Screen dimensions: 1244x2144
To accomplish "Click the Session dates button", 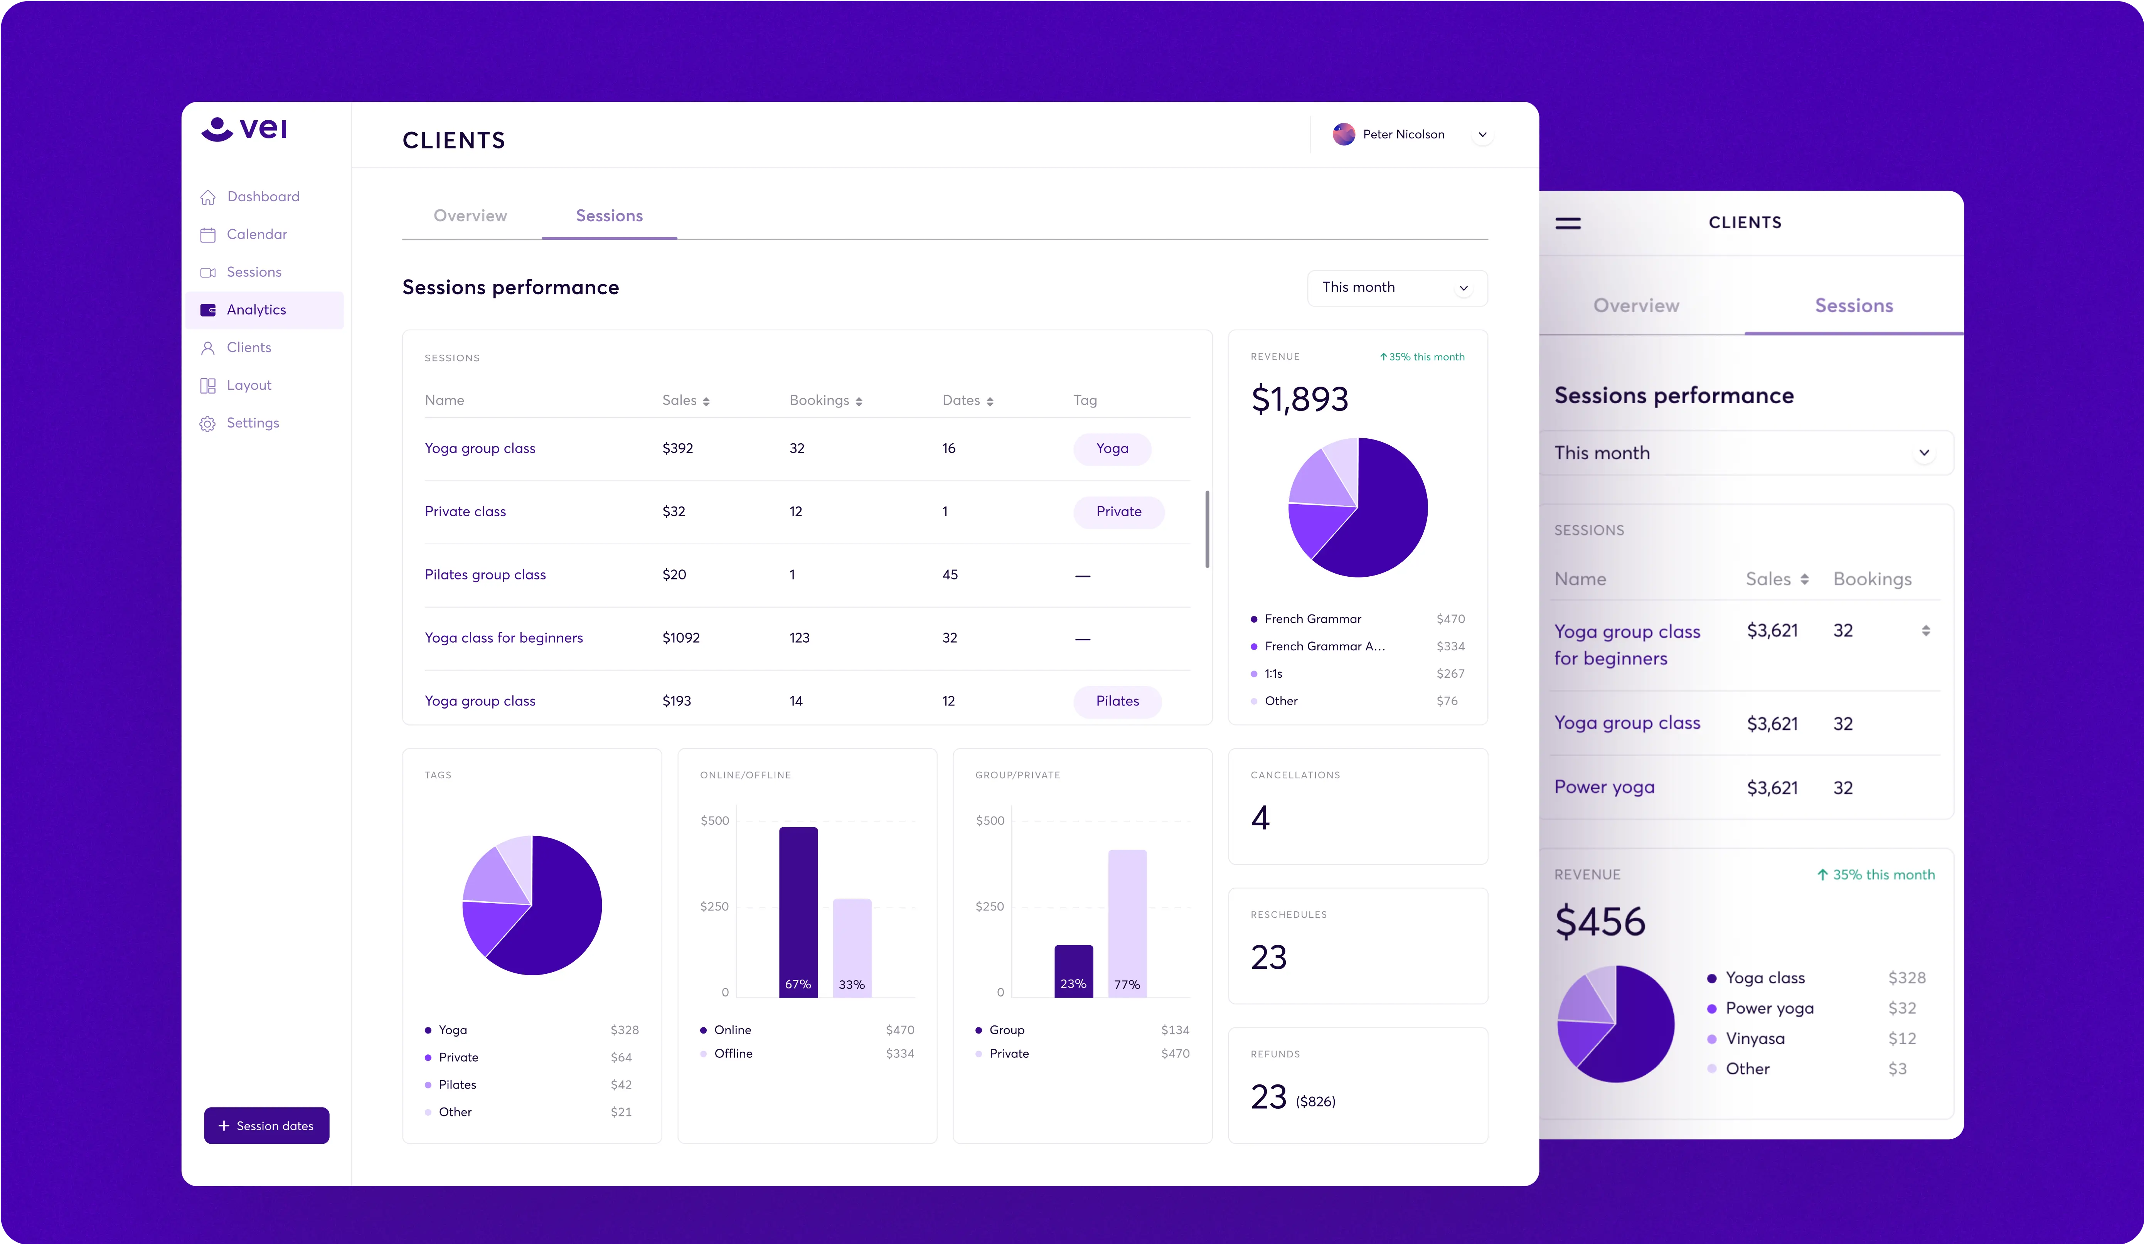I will pyautogui.click(x=266, y=1126).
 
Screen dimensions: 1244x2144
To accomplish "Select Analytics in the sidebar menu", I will pyautogui.click(x=256, y=310).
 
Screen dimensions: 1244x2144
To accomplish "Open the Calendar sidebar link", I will pyautogui.click(x=256, y=234).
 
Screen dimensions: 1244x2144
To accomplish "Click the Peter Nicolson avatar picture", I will pyautogui.click(x=1343, y=135).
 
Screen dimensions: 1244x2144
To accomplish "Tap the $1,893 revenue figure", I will pyautogui.click(x=1299, y=399).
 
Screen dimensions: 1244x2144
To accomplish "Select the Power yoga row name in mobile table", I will pyautogui.click(x=1604, y=787).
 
